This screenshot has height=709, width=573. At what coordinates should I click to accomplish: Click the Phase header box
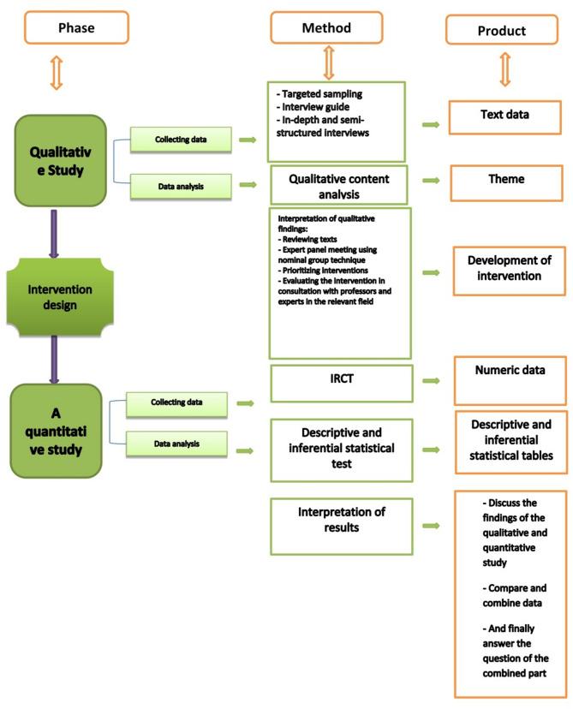pos(76,28)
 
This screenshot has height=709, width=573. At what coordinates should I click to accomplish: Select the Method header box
pos(326,28)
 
